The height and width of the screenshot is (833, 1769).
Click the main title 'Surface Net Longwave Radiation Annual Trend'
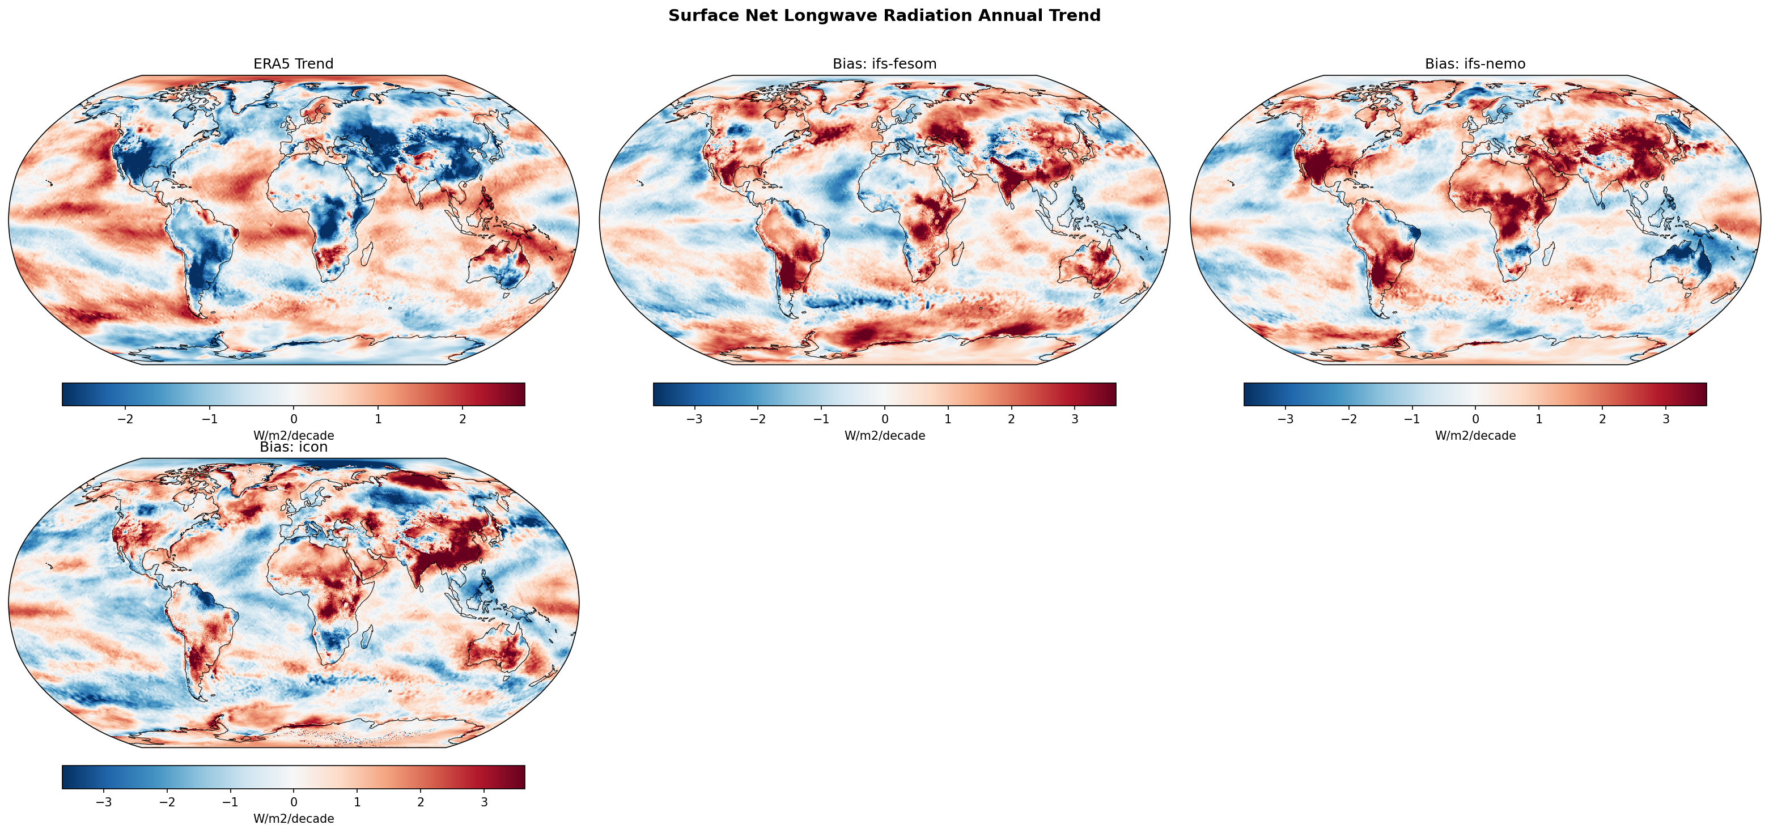click(884, 16)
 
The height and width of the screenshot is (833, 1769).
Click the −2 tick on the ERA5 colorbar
click(125, 419)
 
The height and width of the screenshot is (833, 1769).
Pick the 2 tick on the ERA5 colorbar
click(462, 419)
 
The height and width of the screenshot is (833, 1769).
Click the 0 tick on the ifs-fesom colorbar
click(884, 419)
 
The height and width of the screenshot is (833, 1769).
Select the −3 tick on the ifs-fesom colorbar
click(694, 419)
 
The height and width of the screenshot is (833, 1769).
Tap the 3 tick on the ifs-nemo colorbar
click(1665, 419)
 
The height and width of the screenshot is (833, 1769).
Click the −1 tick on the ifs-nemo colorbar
click(1412, 419)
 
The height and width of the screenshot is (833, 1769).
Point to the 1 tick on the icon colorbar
click(357, 801)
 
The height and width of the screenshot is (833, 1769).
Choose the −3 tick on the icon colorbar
click(104, 801)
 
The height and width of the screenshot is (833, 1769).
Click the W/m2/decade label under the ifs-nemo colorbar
click(1475, 435)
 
